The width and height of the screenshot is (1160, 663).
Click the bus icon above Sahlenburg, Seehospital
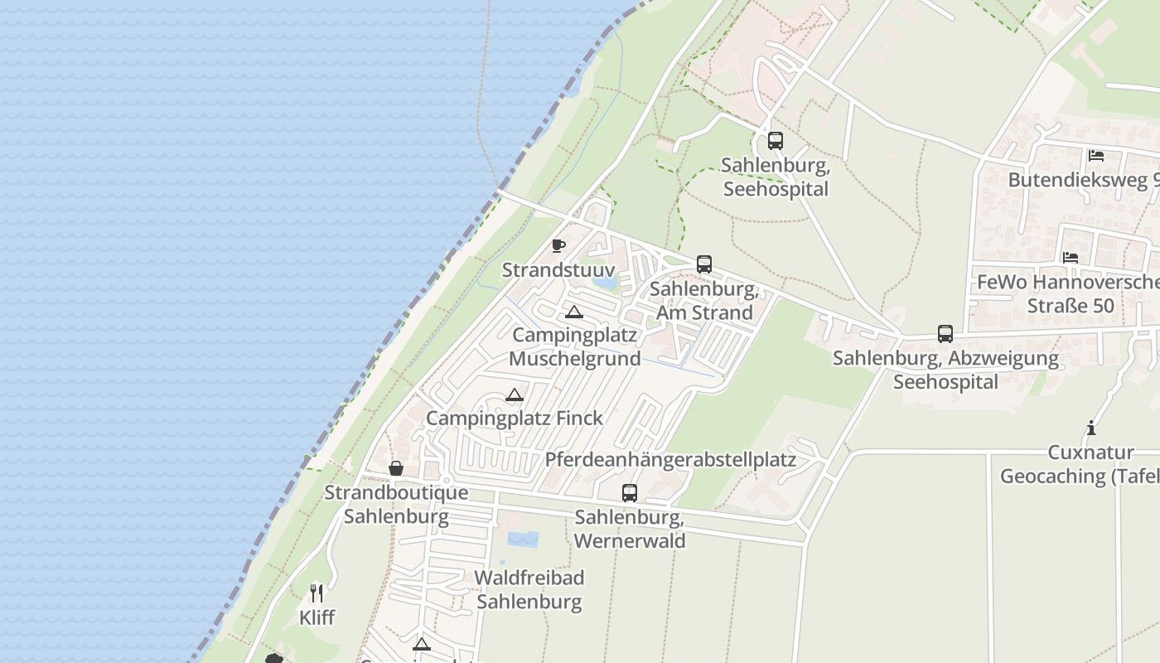click(x=775, y=141)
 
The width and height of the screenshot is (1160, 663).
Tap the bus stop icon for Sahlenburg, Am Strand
click(x=704, y=264)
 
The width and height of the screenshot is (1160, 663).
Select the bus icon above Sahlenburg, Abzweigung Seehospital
click(x=945, y=334)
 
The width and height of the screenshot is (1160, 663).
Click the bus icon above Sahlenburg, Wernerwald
click(x=630, y=493)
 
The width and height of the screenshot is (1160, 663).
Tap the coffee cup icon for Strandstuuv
click(x=558, y=245)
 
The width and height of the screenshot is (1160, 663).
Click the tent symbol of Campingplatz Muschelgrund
click(x=573, y=312)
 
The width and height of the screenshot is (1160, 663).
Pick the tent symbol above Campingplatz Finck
click(x=515, y=395)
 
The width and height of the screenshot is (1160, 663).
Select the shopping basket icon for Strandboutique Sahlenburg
click(x=396, y=468)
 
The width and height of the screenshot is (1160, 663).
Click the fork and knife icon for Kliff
click(x=317, y=593)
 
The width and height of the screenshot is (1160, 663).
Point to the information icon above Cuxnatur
click(x=1091, y=428)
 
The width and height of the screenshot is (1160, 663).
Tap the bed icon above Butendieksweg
click(x=1096, y=156)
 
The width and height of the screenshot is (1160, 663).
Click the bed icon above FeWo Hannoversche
click(x=1071, y=258)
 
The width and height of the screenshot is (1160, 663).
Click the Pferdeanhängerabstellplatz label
click(x=670, y=460)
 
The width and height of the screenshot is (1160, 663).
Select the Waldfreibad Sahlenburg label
click(x=529, y=589)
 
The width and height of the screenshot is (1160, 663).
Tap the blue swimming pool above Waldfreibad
click(x=522, y=540)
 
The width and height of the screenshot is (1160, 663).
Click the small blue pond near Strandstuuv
click(x=605, y=282)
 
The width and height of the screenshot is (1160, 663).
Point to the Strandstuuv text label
click(x=558, y=270)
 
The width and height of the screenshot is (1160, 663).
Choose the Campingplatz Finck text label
click(x=515, y=419)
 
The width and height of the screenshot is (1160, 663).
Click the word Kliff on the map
click(x=317, y=617)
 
